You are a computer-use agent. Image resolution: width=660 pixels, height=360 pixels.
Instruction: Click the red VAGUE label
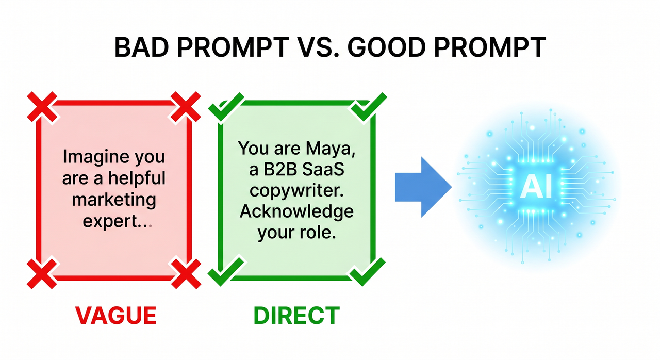pyautogui.click(x=116, y=315)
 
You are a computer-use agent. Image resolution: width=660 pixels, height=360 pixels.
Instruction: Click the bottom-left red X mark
pyautogui.click(x=41, y=273)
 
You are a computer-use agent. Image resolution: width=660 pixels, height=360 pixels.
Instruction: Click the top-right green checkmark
pyautogui.click(x=368, y=107)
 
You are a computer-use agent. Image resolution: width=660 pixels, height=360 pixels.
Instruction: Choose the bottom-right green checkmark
pyautogui.click(x=367, y=271)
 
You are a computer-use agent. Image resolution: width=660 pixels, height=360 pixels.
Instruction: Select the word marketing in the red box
pyautogui.click(x=114, y=200)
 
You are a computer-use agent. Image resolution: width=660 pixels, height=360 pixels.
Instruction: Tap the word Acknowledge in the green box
pyautogui.click(x=296, y=212)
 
